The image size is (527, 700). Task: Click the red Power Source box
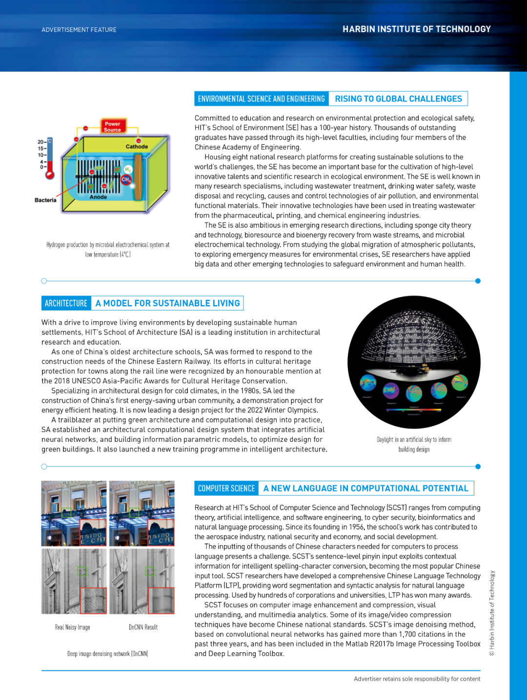coord(113,126)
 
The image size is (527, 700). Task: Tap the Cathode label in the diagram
coord(137,146)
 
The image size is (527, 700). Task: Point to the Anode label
coord(98,197)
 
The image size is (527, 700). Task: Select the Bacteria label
coord(45,200)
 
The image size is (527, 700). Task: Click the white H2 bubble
coord(128,169)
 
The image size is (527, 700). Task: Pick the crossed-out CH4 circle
coord(126,180)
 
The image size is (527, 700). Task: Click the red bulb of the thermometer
coord(50,175)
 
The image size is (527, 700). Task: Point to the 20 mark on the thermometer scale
coord(41,142)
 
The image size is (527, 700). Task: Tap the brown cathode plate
coord(138,177)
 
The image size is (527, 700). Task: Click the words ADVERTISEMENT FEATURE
coord(79,30)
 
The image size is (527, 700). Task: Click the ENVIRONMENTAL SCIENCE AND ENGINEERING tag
coord(262,99)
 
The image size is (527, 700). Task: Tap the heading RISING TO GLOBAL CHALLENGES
coord(398,99)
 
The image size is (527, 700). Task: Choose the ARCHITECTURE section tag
coord(66,303)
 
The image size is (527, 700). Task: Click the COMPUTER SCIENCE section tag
coord(226,488)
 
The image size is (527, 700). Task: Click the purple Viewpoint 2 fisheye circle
coord(391,391)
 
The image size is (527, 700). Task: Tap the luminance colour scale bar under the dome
coord(414,410)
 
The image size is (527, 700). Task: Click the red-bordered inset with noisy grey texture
coord(93,600)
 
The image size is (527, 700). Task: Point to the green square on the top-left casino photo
coord(67,513)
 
